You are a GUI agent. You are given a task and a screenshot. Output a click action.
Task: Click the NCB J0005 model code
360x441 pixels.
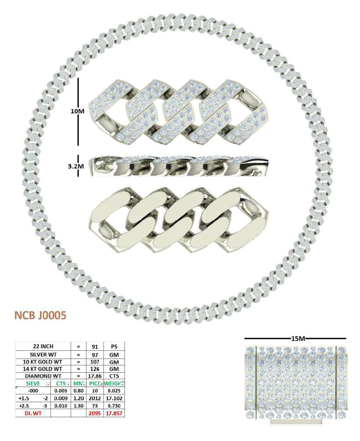tap(40, 315)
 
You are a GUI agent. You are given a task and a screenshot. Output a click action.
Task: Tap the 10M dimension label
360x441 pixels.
tap(77, 111)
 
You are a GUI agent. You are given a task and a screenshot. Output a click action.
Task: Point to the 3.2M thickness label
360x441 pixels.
tap(76, 166)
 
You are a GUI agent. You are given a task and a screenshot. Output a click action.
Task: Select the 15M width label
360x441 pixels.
tap(298, 339)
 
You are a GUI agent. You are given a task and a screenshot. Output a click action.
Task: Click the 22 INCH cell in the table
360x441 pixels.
tap(43, 346)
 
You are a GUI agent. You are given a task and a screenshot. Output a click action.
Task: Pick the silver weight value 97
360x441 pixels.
tap(95, 355)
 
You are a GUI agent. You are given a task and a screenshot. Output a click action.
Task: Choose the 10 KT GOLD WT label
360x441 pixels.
tap(43, 362)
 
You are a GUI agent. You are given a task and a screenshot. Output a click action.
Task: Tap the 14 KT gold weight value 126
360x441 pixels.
tap(95, 369)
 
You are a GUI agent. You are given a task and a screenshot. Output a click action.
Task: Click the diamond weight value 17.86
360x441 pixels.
tap(95, 376)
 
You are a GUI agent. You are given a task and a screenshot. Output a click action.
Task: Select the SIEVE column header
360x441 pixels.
tap(33, 384)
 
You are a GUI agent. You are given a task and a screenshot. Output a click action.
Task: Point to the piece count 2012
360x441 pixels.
tap(95, 398)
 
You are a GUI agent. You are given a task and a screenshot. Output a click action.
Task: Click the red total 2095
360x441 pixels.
tap(95, 414)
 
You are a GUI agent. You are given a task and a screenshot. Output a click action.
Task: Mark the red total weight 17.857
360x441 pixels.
tap(114, 414)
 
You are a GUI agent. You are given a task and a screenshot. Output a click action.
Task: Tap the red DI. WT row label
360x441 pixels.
tap(33, 414)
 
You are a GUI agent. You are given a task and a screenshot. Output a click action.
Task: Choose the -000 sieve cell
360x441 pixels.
tap(33, 391)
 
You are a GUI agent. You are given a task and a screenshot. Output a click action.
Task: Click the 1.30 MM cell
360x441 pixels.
tap(78, 406)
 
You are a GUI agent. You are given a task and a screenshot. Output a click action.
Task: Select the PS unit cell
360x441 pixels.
tap(114, 346)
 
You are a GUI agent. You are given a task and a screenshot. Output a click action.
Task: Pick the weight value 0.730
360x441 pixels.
tap(114, 406)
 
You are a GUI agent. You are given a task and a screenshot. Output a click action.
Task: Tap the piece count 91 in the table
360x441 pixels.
tap(95, 346)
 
